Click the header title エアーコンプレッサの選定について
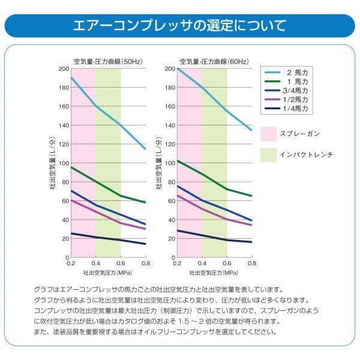(x=179, y=26)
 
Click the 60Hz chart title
(x=214, y=61)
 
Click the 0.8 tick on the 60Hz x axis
(x=251, y=263)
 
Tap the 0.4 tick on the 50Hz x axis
(x=96, y=263)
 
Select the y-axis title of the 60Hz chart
(x=159, y=163)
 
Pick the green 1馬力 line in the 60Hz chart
(x=214, y=182)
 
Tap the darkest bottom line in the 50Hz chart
(x=108, y=239)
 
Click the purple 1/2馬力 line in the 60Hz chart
(x=214, y=214)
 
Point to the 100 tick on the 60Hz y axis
(x=169, y=163)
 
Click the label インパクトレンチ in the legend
(x=305, y=154)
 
